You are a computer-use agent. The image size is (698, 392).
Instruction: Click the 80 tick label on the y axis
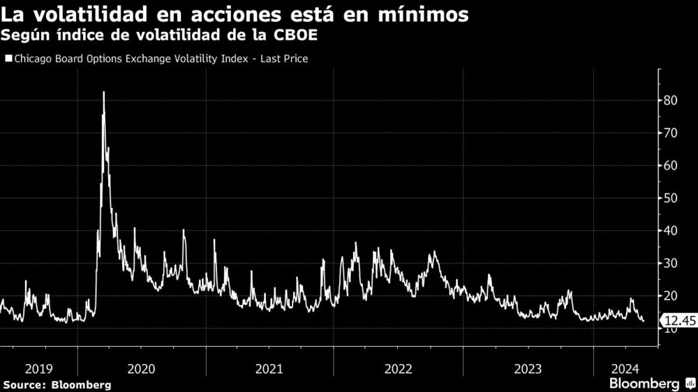tap(671, 100)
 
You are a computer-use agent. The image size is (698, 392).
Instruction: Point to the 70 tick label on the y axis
tap(671, 133)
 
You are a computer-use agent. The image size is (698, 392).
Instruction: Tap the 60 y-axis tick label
tap(671, 165)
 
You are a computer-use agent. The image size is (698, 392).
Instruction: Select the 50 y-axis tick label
tap(671, 198)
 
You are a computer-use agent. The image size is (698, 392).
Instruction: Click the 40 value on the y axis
tap(671, 231)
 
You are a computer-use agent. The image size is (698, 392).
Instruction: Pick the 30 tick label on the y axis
tap(671, 263)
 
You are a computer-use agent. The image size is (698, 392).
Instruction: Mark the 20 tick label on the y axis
tap(671, 296)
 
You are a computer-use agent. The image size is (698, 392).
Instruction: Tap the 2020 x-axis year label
tap(142, 368)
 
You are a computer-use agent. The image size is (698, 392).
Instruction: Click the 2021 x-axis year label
tap(269, 368)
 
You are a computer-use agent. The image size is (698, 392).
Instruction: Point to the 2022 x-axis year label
tap(397, 368)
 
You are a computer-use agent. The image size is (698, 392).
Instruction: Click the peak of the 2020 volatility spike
tap(104, 92)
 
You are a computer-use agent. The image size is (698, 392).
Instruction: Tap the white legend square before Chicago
tap(8, 59)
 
